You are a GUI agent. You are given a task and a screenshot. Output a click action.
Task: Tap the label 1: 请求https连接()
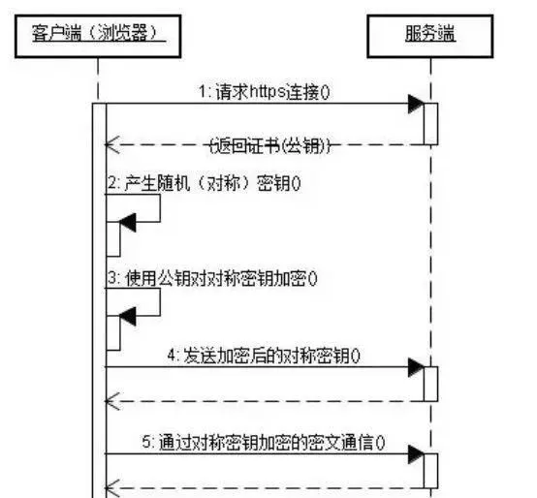click(x=265, y=92)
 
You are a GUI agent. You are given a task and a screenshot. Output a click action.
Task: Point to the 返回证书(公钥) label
click(x=269, y=145)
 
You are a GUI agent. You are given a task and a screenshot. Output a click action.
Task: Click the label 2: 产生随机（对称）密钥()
click(x=205, y=183)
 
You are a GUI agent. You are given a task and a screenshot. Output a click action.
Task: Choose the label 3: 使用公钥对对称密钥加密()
click(x=212, y=278)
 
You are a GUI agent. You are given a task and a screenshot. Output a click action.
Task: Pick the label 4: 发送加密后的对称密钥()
click(x=264, y=356)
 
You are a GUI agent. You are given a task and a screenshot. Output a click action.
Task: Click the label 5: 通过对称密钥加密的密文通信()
click(x=264, y=443)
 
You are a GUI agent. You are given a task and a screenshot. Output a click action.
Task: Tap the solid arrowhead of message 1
click(x=416, y=104)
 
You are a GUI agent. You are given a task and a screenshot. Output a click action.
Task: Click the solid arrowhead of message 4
click(x=416, y=367)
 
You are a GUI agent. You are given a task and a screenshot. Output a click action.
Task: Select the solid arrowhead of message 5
click(x=416, y=454)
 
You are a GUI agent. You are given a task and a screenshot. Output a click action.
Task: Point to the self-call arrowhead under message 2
click(x=128, y=223)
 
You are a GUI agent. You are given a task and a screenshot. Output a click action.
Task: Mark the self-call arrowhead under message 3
click(x=128, y=316)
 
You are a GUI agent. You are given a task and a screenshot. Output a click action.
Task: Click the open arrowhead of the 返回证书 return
click(x=112, y=144)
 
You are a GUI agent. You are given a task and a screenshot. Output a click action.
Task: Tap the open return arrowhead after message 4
click(x=112, y=401)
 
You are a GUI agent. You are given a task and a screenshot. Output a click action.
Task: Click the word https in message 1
click(x=268, y=92)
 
